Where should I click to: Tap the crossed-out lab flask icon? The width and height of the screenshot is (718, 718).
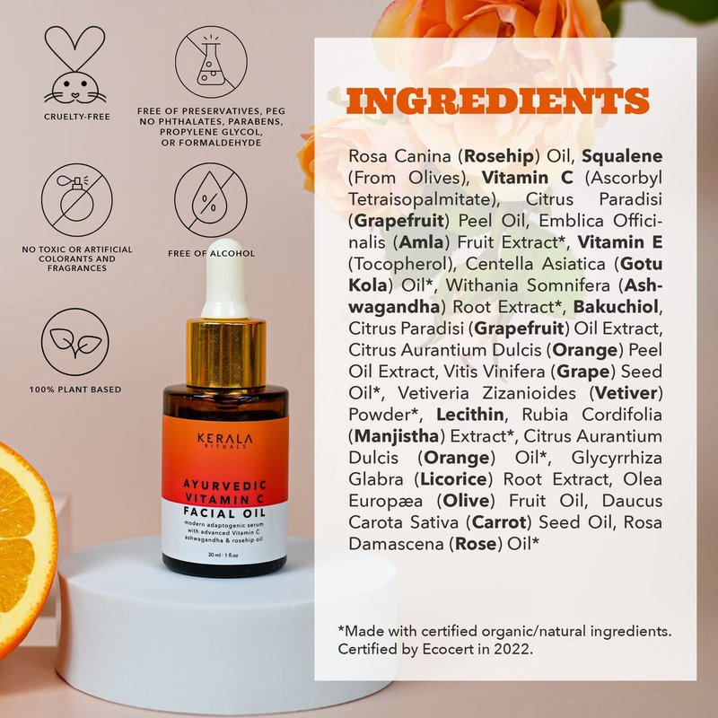211,62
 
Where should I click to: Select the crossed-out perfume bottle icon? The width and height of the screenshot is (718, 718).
77,199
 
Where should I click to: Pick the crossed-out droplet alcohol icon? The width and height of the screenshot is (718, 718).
211,199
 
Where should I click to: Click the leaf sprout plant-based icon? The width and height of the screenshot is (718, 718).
75,342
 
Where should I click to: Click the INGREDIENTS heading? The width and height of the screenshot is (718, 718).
498,101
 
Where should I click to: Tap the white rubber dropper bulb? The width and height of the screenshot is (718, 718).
225,278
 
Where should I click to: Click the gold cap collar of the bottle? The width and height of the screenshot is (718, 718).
226,353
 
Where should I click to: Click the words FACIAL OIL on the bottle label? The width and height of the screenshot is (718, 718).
224,512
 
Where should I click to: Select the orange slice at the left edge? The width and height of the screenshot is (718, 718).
25,549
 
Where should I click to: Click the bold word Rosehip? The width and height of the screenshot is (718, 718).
499,156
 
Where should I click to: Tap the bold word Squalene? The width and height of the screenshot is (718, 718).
622,156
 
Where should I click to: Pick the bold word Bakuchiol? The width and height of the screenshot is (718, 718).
616,307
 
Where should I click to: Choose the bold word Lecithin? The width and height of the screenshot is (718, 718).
469,415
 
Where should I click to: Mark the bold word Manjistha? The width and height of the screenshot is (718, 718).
397,436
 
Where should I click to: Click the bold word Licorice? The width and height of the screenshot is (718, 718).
453,479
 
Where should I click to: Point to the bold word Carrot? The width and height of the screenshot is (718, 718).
499,522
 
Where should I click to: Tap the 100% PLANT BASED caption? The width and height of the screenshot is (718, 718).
75,390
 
